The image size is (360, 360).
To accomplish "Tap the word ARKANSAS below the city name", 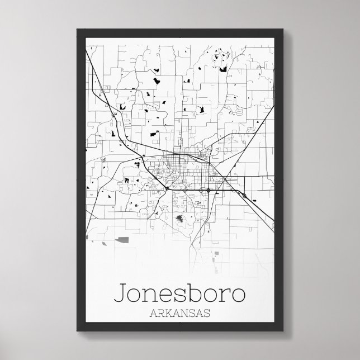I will (179, 313).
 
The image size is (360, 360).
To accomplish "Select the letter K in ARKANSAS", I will (167, 313).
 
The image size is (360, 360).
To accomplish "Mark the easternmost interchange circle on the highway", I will (244, 195).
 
